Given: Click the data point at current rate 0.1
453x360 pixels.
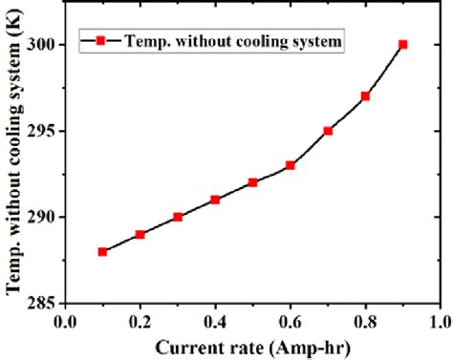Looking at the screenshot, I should click(102, 251).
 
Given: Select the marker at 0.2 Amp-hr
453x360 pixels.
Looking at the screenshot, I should click(140, 234).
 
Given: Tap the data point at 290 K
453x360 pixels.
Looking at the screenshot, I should click(178, 217).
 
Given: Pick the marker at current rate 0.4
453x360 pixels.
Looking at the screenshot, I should click(215, 200).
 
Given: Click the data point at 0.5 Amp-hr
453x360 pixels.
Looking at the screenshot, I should click(252, 182).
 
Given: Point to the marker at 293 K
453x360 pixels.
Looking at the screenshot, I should click(291, 165).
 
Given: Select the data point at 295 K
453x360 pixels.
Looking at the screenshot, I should click(328, 131).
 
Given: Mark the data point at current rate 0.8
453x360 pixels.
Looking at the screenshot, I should click(365, 95).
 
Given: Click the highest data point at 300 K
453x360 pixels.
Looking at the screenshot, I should click(402, 44).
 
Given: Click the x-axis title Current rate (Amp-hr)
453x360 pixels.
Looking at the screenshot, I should click(252, 346).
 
